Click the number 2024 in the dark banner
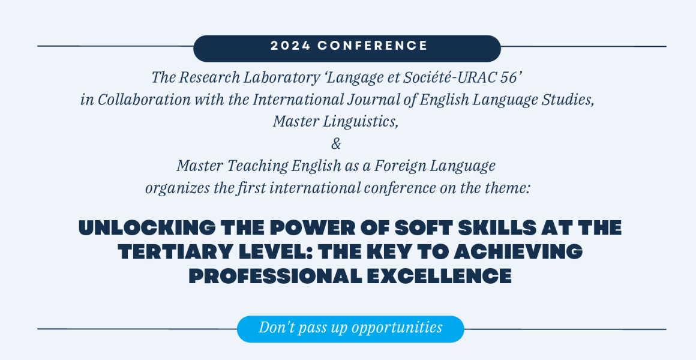pyautogui.click(x=290, y=46)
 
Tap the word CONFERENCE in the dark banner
pyautogui.click(x=373, y=46)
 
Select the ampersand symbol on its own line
pyautogui.click(x=337, y=144)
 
